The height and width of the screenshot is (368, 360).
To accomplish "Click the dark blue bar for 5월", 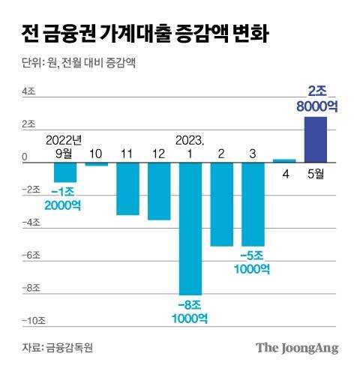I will point(315,139).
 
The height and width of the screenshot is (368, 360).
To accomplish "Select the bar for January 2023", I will point(189,229).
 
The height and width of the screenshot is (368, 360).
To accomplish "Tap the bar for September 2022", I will point(65,172).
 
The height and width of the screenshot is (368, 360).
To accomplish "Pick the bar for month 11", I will point(127,188).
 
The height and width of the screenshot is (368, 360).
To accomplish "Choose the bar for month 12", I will point(158,190).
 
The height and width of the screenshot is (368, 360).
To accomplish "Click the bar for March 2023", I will point(252,203).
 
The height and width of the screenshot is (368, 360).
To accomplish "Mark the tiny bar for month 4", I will point(284,160).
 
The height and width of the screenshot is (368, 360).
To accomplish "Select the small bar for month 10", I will point(96,163).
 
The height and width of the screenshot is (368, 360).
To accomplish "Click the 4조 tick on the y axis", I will point(28,91).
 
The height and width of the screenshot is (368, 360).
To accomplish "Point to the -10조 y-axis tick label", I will point(32,322).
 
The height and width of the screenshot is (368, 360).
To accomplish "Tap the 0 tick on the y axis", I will point(25,157).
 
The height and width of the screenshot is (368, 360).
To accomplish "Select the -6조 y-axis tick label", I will point(31,256).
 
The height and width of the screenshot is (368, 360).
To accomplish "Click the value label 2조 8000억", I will point(316,98).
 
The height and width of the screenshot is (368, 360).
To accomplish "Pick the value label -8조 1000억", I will point(189,311).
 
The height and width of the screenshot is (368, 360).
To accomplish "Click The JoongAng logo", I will point(297,348).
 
